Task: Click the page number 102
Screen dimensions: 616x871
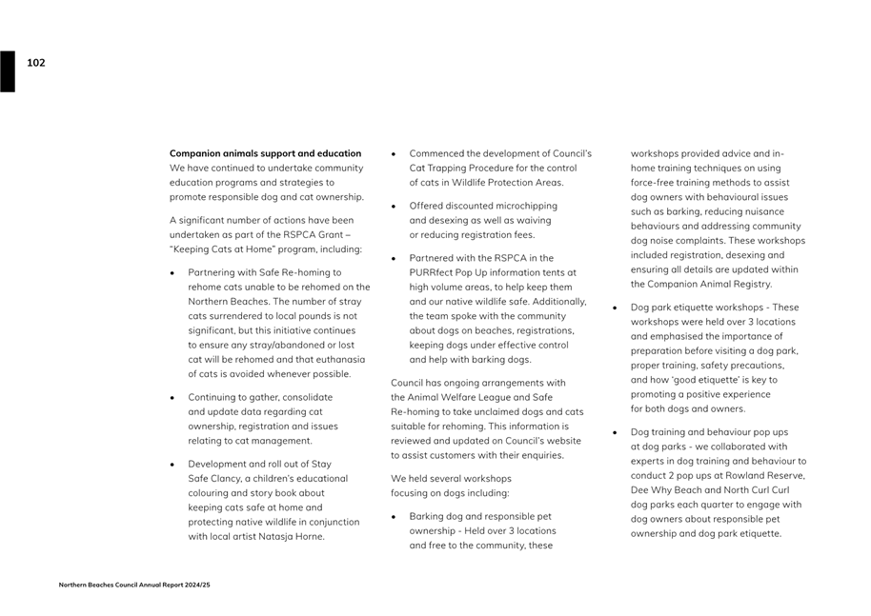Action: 35,63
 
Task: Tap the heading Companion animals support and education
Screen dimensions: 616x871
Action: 265,153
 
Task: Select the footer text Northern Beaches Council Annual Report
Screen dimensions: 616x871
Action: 133,585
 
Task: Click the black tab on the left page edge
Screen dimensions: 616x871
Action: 8,71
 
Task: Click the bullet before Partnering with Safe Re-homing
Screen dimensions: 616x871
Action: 172,272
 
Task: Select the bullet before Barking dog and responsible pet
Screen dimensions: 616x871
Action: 394,516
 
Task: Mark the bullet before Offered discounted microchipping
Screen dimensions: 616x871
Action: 394,206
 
